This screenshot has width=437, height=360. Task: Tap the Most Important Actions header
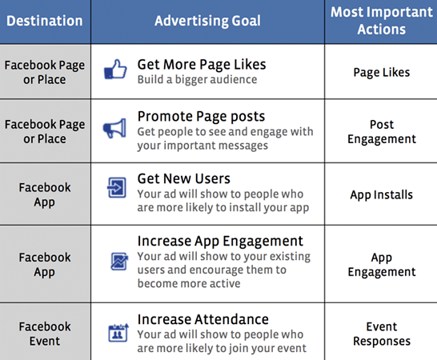click(x=381, y=20)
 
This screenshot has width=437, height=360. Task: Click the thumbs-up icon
click(x=116, y=70)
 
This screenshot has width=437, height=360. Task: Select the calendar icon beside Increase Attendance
click(x=116, y=332)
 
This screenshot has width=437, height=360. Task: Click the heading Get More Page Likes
click(x=202, y=64)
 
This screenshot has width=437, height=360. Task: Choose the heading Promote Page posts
click(x=201, y=117)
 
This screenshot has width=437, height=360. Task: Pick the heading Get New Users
click(x=184, y=178)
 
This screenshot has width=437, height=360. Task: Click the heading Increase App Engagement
click(x=220, y=241)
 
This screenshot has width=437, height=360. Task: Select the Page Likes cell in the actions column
click(x=381, y=72)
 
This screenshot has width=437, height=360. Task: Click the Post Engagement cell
click(x=381, y=132)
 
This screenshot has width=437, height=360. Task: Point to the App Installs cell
click(x=381, y=194)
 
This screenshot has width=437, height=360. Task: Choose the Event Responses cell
click(x=381, y=334)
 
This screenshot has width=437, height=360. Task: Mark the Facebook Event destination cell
click(x=45, y=334)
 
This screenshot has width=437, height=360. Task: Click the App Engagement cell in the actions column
click(x=381, y=265)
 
